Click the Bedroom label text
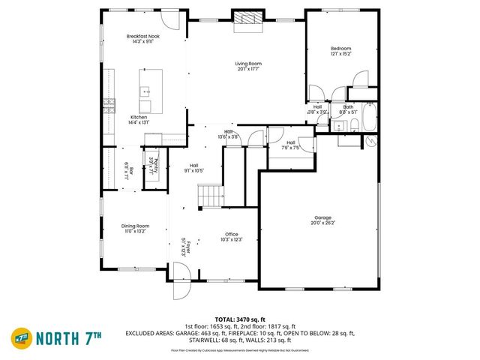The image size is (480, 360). click(x=341, y=49)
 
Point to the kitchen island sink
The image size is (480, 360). click(x=145, y=91)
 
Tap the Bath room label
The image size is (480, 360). click(x=349, y=106)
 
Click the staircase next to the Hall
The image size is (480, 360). click(x=211, y=196)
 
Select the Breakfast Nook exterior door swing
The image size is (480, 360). click(x=171, y=19)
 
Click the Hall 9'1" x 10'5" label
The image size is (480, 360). click(x=193, y=168)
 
